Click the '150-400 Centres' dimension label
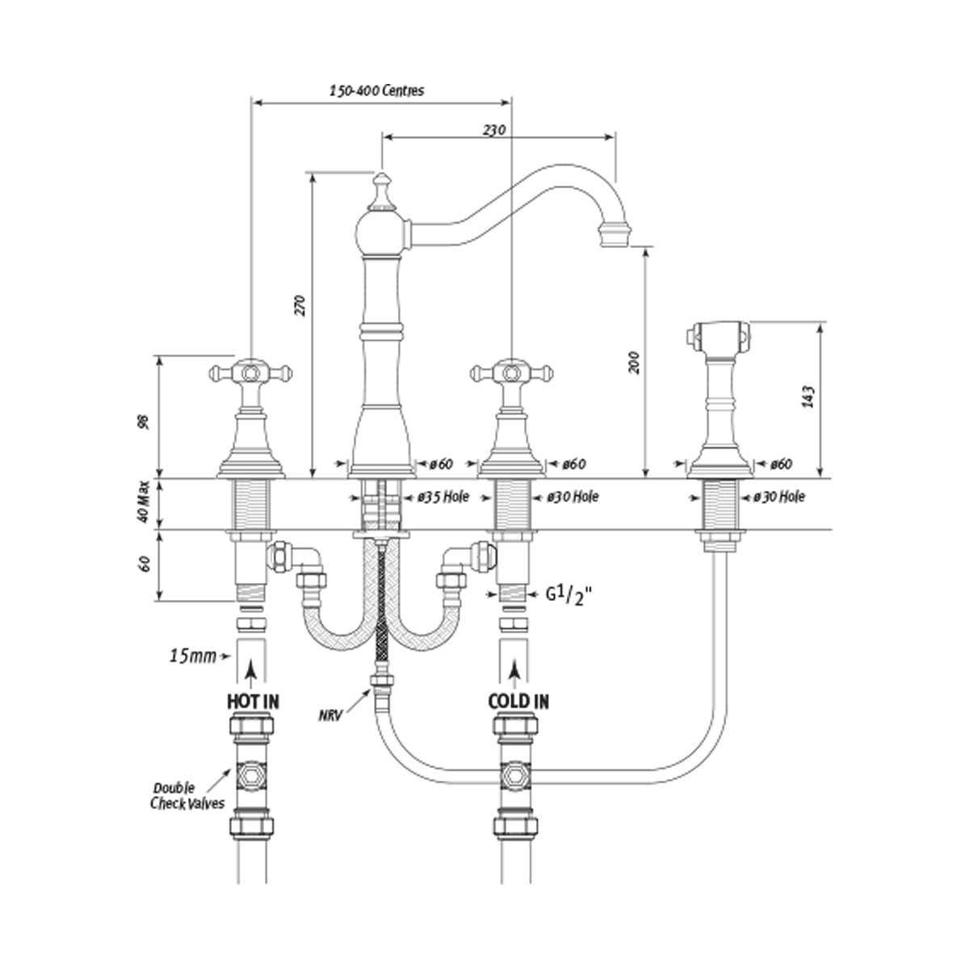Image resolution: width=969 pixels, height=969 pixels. pos(376,90)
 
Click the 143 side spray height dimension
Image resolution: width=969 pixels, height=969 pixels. pos(809,396)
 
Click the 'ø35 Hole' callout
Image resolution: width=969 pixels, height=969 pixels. pos(441,497)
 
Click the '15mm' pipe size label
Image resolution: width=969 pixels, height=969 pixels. pos(193,656)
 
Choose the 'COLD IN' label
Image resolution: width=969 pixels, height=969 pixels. pos(518,701)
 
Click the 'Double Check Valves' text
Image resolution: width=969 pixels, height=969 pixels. pos(187,795)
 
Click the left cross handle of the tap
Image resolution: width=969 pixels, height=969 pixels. pos(250,373)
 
